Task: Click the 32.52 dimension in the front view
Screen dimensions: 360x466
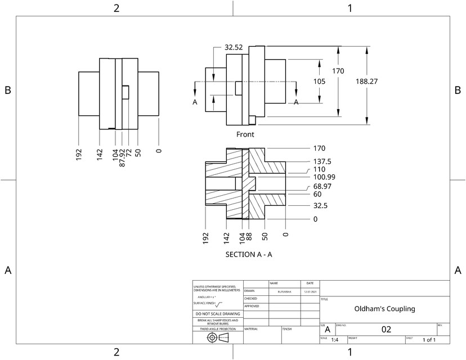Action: point(234,48)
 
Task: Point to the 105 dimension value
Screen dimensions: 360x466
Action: point(320,82)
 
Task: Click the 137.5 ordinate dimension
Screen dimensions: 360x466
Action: point(322,161)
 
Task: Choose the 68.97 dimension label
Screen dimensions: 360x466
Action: point(322,186)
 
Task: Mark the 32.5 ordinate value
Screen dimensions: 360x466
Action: point(320,206)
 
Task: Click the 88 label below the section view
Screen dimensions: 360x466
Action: point(249,237)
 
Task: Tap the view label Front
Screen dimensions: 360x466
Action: point(245,134)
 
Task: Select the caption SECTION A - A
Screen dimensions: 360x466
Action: point(249,254)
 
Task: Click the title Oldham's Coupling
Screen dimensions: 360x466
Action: point(384,309)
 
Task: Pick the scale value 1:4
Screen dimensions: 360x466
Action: point(335,340)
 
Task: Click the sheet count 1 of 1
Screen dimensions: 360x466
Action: point(429,340)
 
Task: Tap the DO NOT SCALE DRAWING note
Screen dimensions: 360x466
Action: point(217,314)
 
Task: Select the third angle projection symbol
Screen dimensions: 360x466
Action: point(218,337)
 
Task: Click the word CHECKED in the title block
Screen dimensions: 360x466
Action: point(250,299)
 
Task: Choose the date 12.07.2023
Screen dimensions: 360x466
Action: point(310,291)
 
